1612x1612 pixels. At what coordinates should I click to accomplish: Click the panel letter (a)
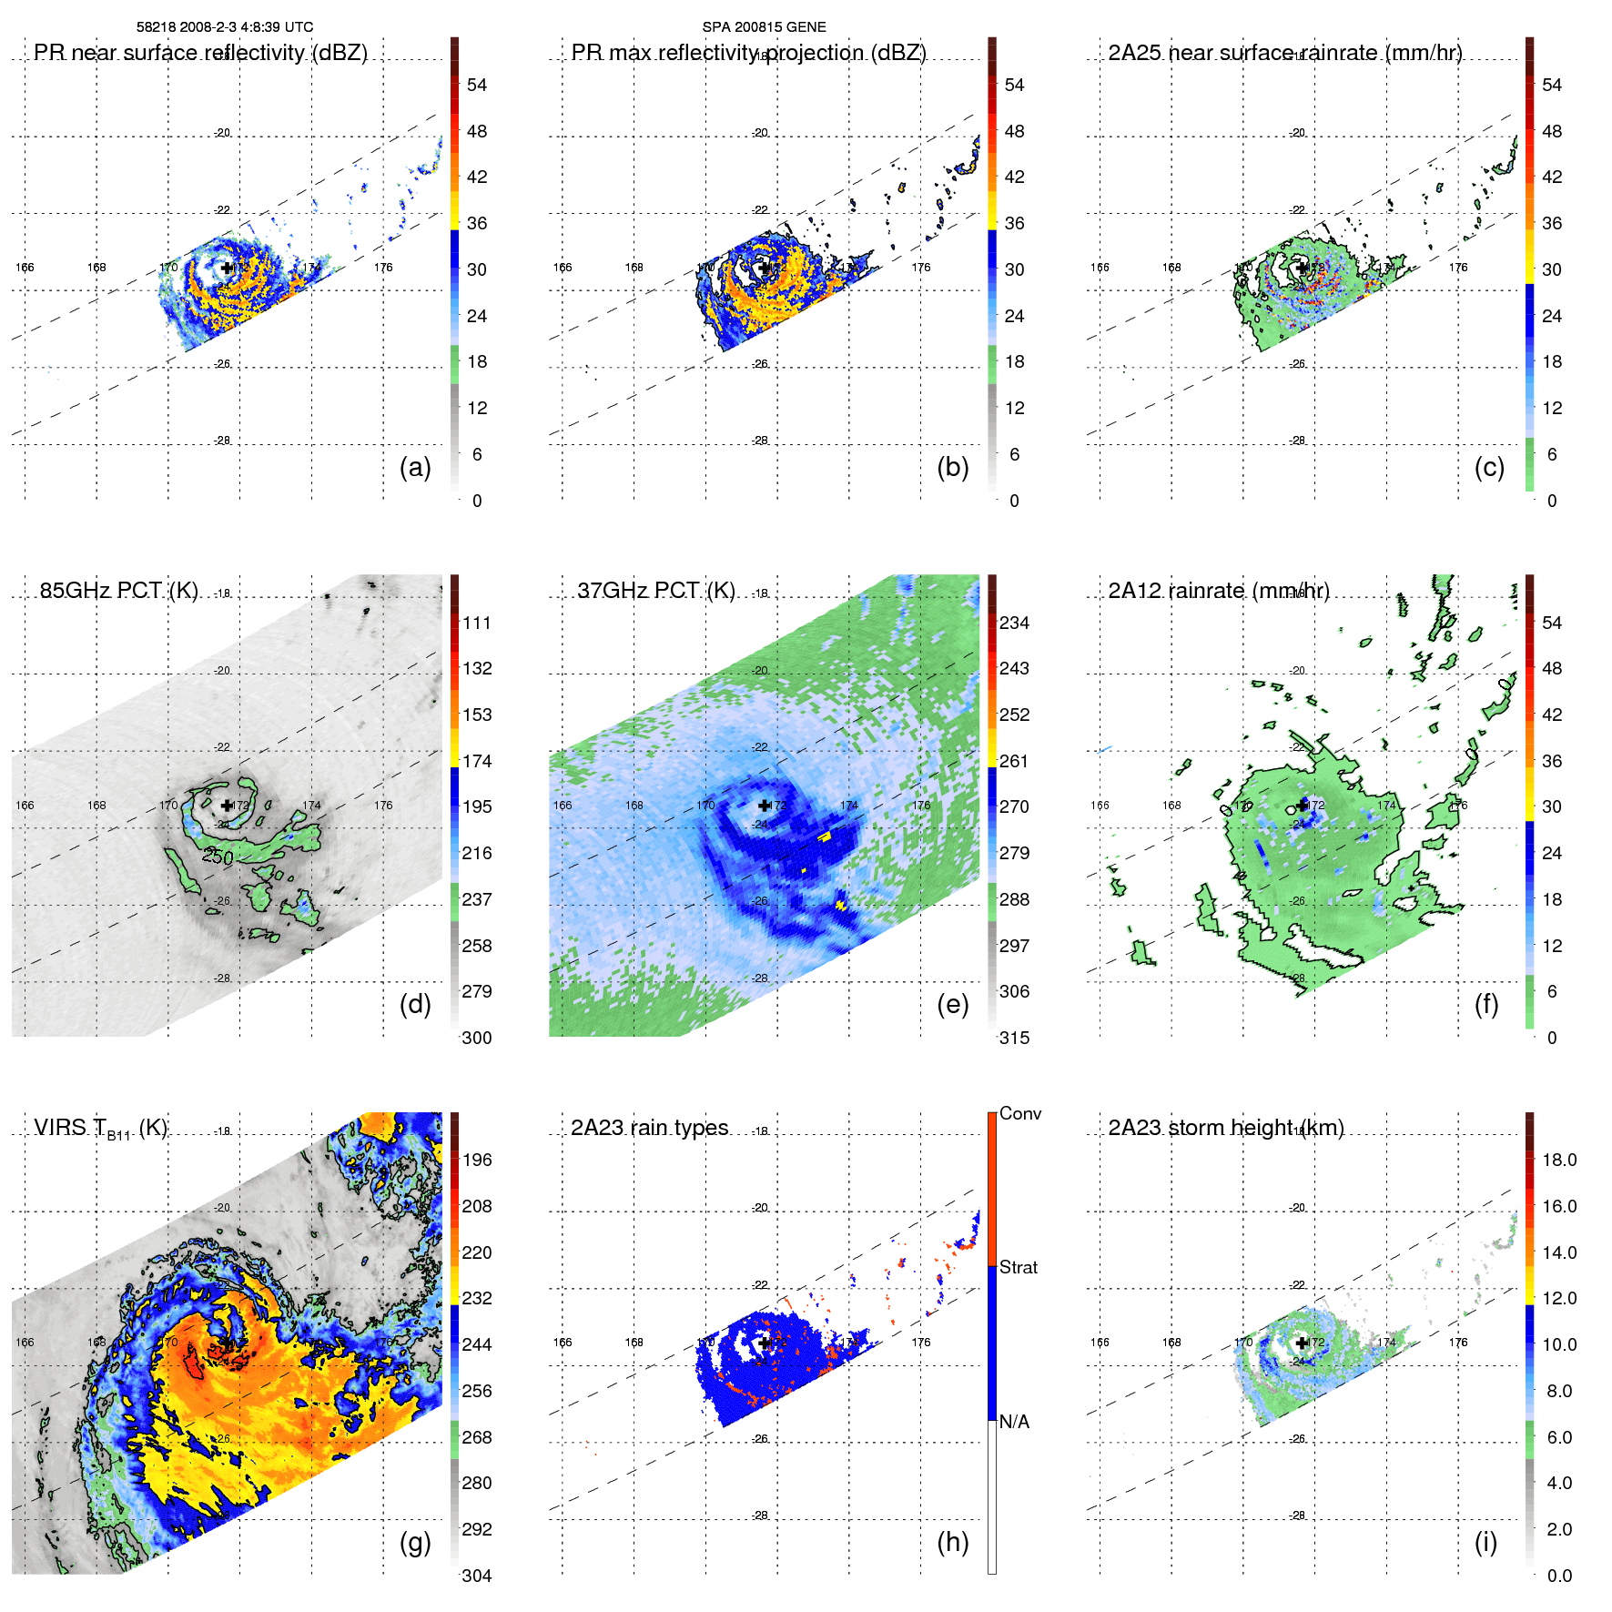[x=414, y=468]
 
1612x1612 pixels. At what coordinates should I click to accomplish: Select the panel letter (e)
[x=952, y=1005]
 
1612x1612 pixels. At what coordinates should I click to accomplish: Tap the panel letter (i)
[x=1485, y=1542]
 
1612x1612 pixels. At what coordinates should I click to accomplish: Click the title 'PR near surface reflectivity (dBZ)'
[x=200, y=53]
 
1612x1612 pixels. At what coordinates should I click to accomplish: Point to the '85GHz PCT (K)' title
[x=118, y=590]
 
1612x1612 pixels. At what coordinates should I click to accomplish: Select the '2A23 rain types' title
[x=649, y=1128]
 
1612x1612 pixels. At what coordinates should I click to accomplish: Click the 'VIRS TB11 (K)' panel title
[x=100, y=1129]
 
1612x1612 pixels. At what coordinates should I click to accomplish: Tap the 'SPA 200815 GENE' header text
[x=764, y=27]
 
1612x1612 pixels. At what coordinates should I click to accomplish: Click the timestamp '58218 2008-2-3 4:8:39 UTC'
[x=225, y=27]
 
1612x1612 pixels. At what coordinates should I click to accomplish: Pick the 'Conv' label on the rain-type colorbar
[x=1019, y=1113]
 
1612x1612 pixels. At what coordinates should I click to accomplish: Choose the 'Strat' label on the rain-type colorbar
[x=1018, y=1267]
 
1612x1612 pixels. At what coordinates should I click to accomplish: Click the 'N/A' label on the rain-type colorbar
[x=1014, y=1422]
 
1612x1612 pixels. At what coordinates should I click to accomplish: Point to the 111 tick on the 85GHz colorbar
[x=477, y=623]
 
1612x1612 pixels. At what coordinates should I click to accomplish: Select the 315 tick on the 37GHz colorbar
[x=1014, y=1038]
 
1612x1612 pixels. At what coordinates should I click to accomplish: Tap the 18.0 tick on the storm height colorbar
[x=1558, y=1160]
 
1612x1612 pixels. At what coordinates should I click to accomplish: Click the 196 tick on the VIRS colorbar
[x=477, y=1160]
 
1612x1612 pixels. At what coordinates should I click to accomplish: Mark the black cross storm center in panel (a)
[x=227, y=268]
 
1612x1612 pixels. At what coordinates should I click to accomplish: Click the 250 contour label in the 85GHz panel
[x=218, y=857]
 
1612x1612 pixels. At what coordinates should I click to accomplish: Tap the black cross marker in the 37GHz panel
[x=764, y=806]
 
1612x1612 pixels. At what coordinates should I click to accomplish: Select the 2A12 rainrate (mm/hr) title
[x=1218, y=591]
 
